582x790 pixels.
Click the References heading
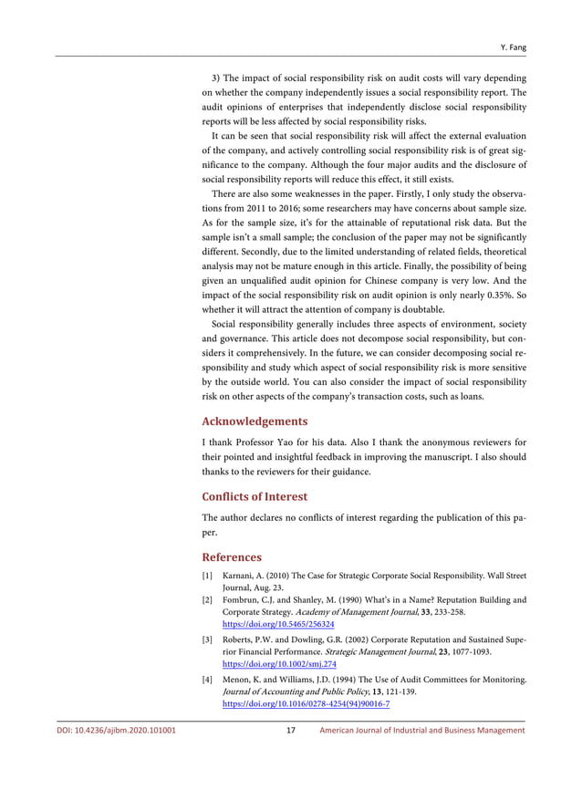click(x=231, y=556)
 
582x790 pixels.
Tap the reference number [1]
click(x=207, y=577)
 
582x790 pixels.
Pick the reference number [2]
click(x=207, y=600)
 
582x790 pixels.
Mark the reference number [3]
click(x=207, y=640)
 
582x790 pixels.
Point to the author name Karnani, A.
click(x=244, y=577)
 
